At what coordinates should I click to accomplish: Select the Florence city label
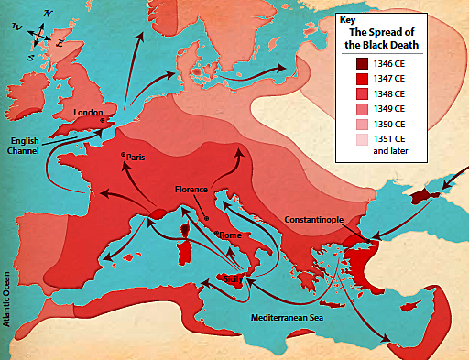[x=192, y=190]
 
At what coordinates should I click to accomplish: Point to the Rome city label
[x=229, y=234]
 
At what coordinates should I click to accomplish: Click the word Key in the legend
[x=345, y=20]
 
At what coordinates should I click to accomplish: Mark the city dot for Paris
[x=123, y=157]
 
